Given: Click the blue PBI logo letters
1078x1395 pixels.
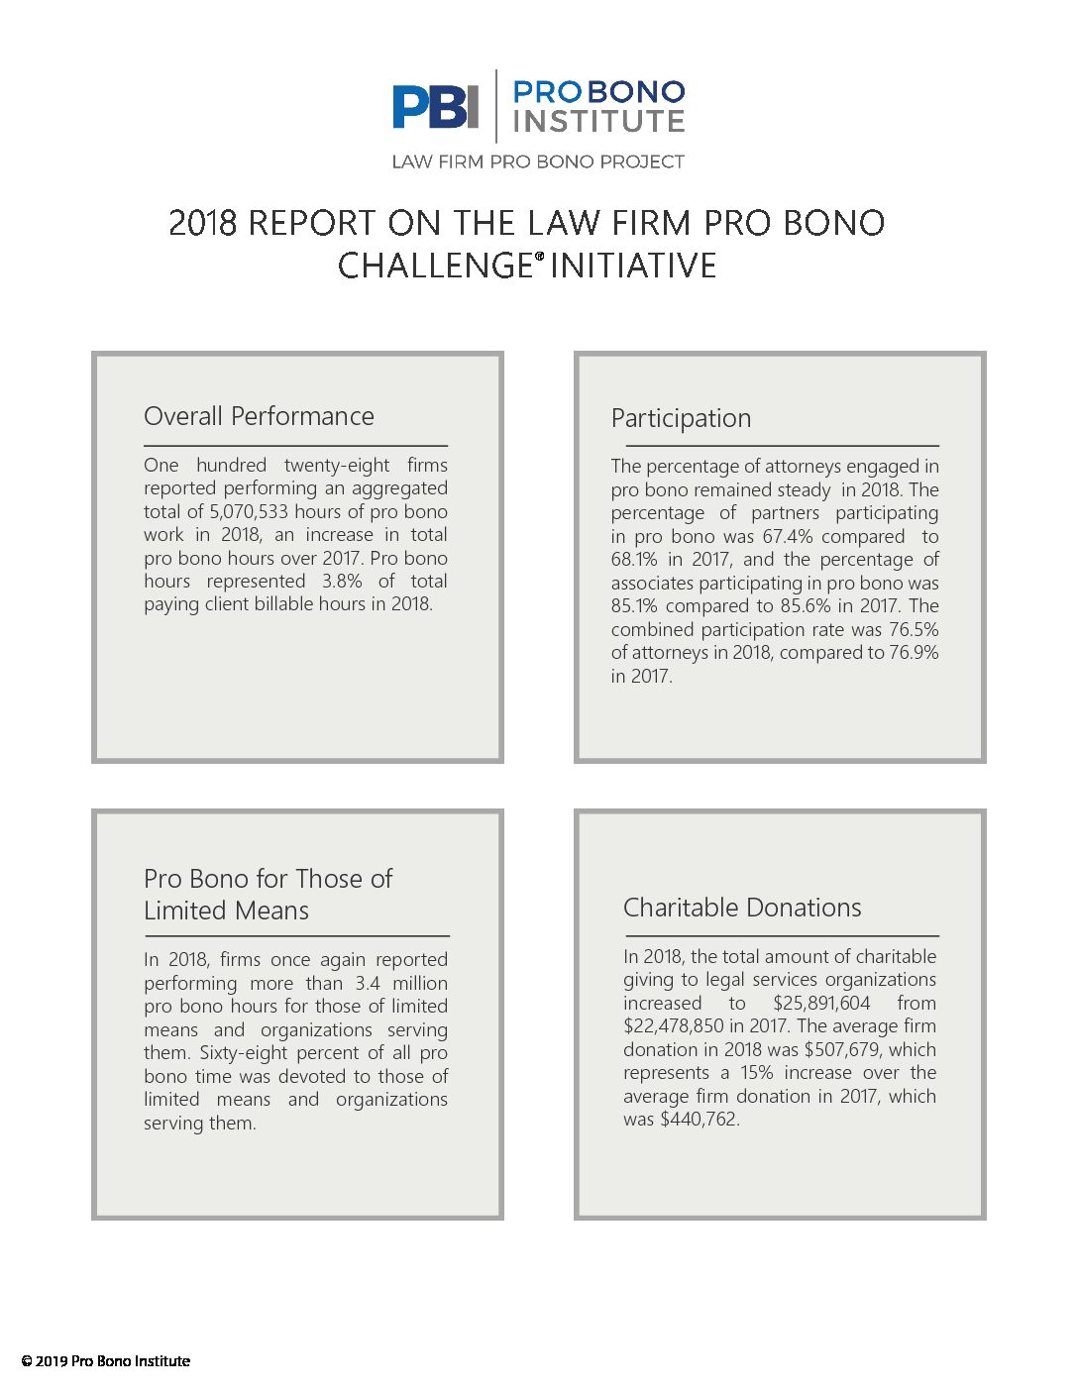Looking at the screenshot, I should click(435, 106).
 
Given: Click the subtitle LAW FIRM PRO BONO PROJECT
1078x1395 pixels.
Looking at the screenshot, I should click(538, 161).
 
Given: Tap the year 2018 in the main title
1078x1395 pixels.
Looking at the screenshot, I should click(202, 223).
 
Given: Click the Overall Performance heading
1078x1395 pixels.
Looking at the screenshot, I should click(259, 416).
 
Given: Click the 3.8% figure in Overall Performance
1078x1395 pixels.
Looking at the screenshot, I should click(342, 581).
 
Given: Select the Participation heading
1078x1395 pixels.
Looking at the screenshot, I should click(681, 418).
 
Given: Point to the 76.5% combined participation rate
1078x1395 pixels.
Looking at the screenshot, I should click(914, 629).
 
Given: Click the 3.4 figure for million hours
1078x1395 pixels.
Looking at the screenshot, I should click(368, 983).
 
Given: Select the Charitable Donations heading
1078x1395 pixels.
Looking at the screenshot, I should click(742, 908).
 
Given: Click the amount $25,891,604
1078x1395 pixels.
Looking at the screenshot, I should click(821, 1003).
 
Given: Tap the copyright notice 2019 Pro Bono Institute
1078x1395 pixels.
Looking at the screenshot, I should click(106, 1361).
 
